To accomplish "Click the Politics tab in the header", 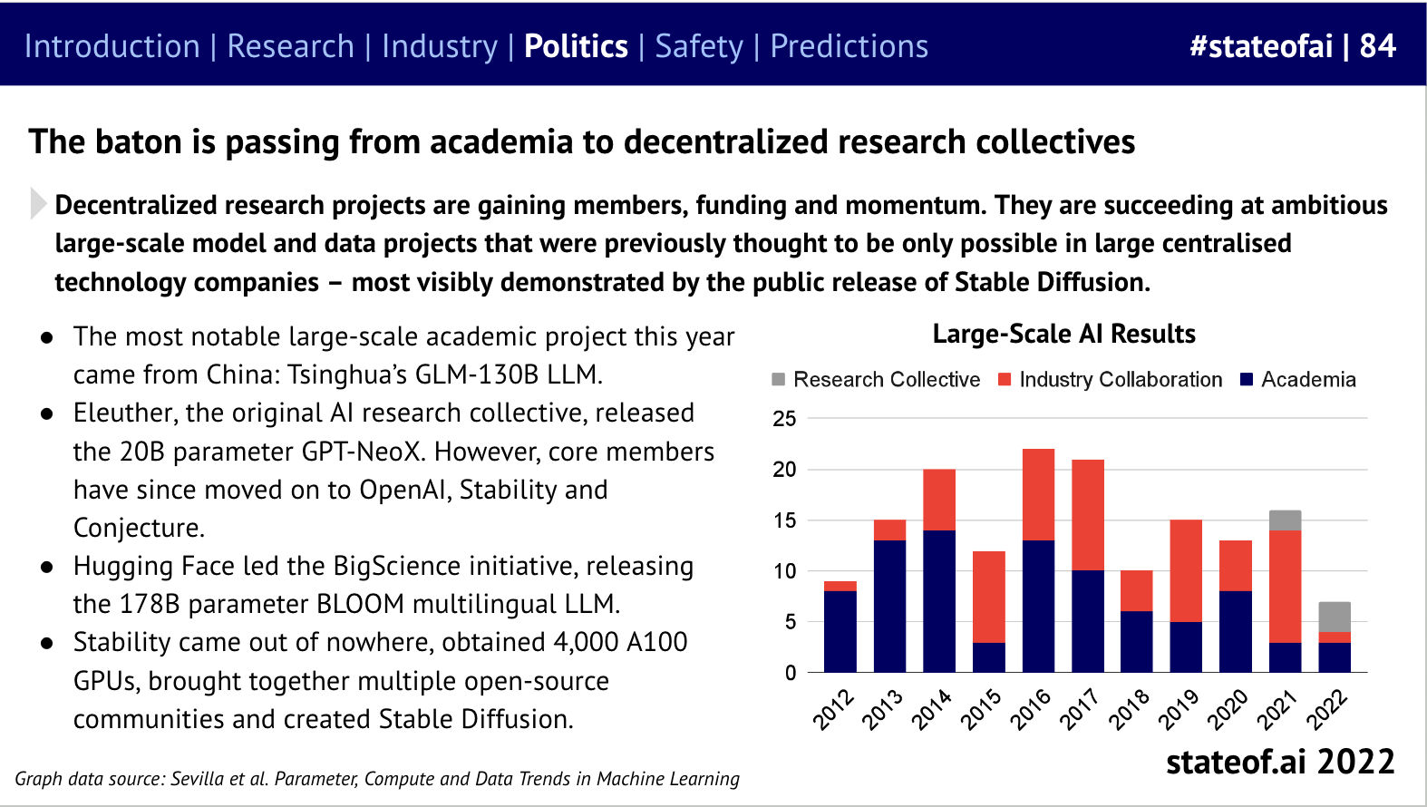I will click(576, 46).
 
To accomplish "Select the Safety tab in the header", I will click(698, 46).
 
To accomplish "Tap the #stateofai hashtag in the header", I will click(1261, 46).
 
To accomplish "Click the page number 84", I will click(1377, 46).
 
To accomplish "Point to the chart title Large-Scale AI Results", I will click(1063, 334).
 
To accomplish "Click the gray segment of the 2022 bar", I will click(1334, 617).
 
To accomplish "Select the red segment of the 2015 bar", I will click(989, 597).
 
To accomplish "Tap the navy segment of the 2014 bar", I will click(939, 600).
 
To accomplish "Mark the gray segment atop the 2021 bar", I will click(1285, 520).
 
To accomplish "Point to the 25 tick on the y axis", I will click(784, 419).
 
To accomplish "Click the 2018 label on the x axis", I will click(1129, 709).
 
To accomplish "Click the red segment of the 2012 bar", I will click(840, 586).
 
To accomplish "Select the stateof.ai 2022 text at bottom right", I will click(1279, 762).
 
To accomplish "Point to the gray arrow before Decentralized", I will click(37, 203).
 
